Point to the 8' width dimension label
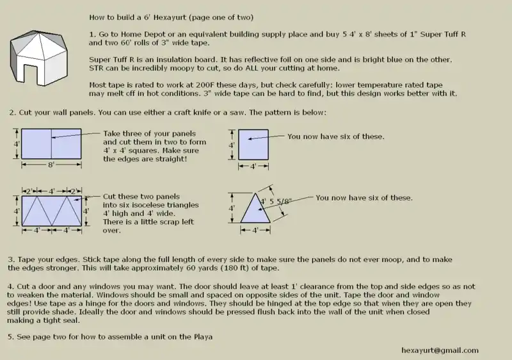tap(51, 165)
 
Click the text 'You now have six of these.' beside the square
tap(336, 136)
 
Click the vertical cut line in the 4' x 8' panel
tap(51, 143)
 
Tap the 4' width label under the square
tap(252, 166)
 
